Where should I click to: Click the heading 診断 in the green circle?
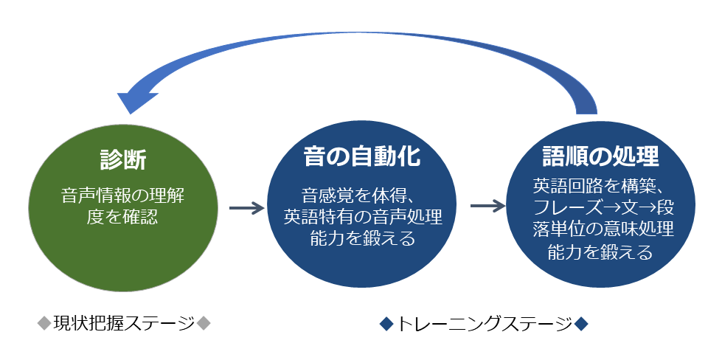pos(123,159)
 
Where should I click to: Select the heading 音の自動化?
pos(363,156)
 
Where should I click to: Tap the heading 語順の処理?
pos(601,156)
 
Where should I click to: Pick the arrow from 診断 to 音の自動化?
pos(246,209)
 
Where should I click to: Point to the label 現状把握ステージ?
pos(124,323)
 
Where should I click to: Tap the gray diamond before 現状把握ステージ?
pos(44,323)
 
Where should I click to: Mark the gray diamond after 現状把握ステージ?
pos(204,323)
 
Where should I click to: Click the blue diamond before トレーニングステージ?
pos(386,323)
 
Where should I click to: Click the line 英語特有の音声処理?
pos(362,218)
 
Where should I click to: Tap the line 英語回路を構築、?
pos(600,186)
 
